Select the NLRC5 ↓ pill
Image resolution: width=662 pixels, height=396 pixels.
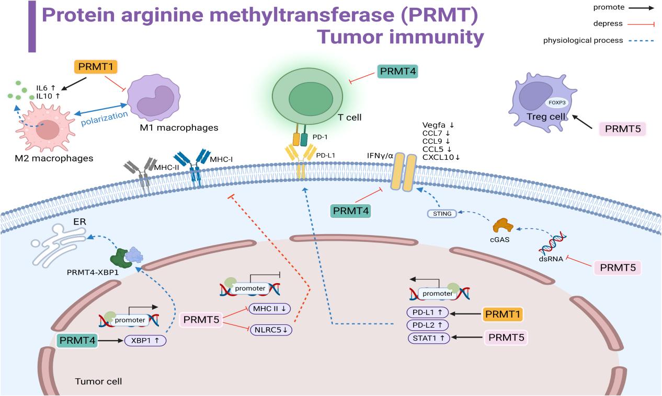pos(270,330)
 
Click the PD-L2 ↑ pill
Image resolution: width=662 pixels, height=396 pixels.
pos(428,325)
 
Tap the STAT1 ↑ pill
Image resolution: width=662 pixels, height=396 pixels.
pos(428,338)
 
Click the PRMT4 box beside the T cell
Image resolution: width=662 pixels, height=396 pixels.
pos(397,71)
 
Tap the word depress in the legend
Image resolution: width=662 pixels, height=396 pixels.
pos(608,24)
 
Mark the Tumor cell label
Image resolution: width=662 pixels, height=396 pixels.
pos(98,381)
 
